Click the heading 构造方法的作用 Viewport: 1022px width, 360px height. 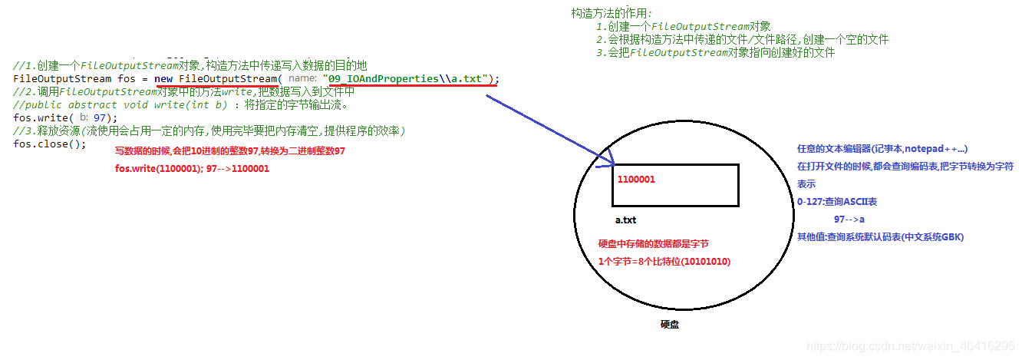[x=612, y=13]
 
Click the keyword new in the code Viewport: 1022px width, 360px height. [x=163, y=79]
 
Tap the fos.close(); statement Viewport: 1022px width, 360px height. [x=50, y=144]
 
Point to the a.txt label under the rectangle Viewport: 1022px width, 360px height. [x=625, y=220]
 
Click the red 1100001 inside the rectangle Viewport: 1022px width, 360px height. [x=636, y=179]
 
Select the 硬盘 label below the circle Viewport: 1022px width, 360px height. [x=669, y=325]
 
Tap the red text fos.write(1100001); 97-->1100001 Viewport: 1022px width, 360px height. [x=192, y=168]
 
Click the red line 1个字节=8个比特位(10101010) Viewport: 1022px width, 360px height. [x=664, y=262]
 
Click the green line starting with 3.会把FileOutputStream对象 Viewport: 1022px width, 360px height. [x=714, y=53]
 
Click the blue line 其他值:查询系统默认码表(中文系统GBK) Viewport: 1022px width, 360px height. [x=880, y=237]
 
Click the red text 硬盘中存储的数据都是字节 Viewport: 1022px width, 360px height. [x=653, y=244]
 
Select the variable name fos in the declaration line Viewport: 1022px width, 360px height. [x=124, y=79]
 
